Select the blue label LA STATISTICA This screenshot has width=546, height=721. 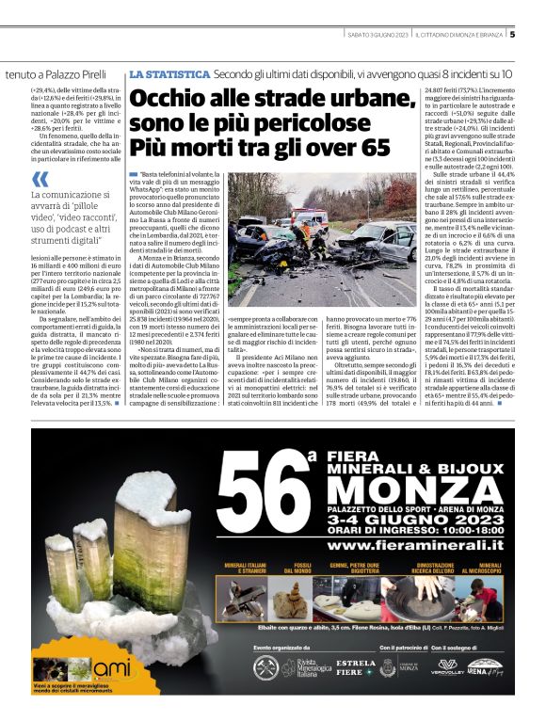click(169, 73)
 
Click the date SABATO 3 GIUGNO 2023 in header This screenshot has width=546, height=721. click(377, 36)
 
